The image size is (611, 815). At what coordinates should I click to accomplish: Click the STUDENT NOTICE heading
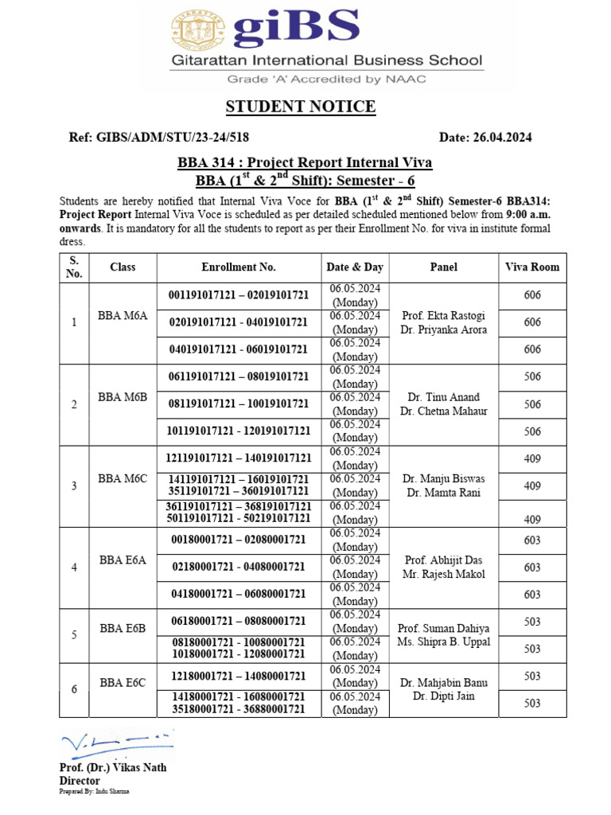301,107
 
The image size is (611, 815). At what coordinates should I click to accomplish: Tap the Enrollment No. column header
239,267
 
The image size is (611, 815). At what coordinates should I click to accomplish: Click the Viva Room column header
532,267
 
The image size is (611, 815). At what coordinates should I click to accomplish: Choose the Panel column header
443,267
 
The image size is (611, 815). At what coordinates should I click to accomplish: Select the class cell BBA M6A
123,315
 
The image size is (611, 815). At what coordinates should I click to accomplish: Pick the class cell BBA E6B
123,629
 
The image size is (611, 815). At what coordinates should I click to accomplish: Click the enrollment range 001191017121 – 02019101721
239,295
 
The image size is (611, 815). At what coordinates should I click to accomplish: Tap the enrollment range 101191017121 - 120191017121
239,431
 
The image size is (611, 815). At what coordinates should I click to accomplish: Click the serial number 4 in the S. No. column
74,567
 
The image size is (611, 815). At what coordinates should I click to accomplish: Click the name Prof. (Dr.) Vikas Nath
113,768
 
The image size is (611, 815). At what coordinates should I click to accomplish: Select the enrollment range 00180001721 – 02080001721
239,540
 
